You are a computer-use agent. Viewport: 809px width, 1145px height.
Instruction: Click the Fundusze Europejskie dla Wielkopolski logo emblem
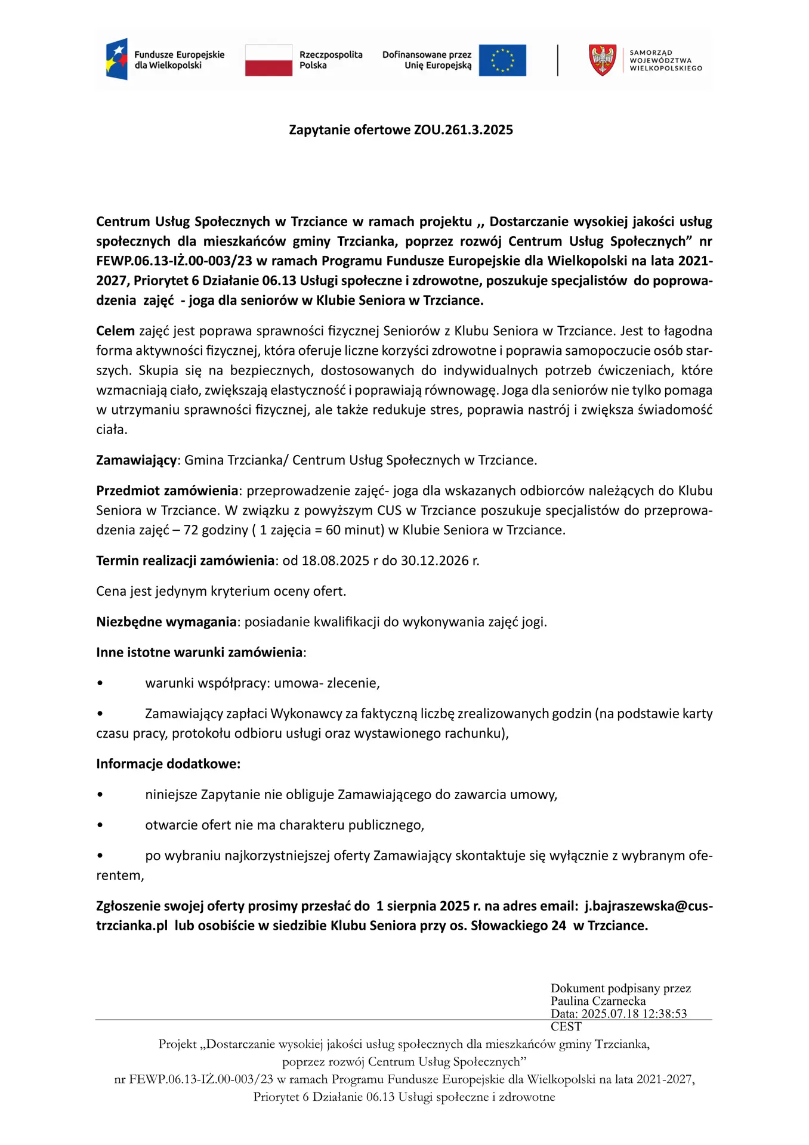(x=117, y=59)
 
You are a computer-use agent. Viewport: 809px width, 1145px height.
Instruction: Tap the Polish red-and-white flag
(x=268, y=60)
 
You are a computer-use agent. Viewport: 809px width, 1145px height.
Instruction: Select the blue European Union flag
(x=502, y=60)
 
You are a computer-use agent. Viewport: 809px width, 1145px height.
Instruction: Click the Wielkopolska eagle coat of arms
(x=603, y=60)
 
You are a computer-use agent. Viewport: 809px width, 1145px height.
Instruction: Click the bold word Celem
(x=115, y=331)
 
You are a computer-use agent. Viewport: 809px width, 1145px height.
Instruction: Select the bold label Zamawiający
(x=137, y=460)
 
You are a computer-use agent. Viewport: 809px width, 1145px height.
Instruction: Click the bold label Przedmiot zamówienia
(x=167, y=491)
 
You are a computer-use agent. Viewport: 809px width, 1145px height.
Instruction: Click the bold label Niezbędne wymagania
(x=166, y=622)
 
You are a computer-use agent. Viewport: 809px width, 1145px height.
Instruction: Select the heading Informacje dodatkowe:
(x=168, y=764)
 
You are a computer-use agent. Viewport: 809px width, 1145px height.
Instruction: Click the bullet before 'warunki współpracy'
(x=100, y=683)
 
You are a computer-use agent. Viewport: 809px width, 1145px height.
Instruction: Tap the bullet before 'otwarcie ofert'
(x=100, y=825)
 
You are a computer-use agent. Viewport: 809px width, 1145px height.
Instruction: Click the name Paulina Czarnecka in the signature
(x=598, y=1001)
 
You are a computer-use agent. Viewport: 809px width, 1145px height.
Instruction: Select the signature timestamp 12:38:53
(x=663, y=1014)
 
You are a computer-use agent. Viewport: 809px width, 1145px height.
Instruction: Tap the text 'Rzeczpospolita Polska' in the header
(x=331, y=60)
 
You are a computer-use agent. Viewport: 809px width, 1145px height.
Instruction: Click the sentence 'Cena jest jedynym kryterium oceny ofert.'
(x=221, y=592)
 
